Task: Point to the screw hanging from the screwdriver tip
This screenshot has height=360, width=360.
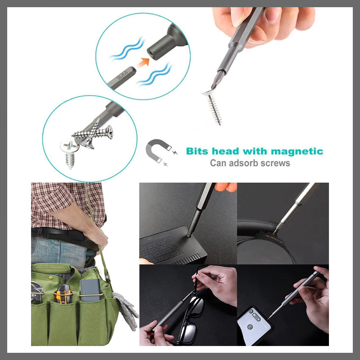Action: coord(215,108)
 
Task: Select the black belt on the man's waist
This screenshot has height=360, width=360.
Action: coord(63,234)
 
